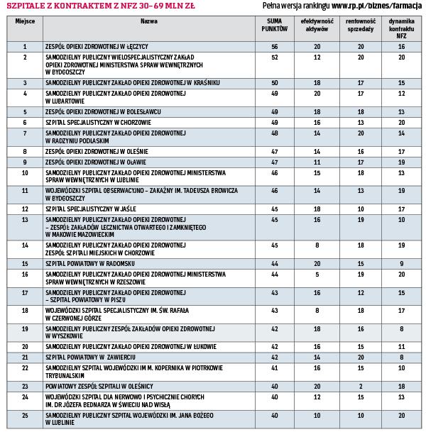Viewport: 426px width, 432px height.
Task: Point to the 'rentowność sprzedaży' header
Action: [x=361, y=27]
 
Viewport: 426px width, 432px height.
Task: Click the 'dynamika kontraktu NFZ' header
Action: [x=401, y=31]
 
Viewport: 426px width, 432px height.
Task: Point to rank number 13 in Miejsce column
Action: [x=25, y=219]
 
